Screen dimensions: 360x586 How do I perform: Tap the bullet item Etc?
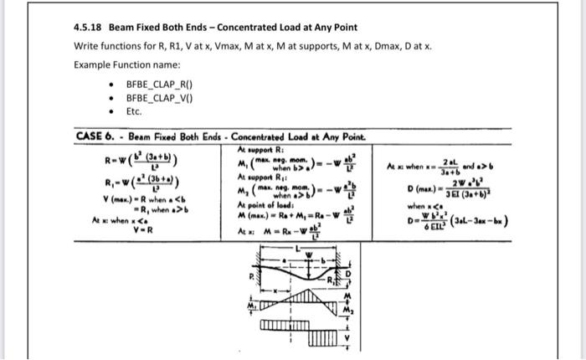coord(134,111)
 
